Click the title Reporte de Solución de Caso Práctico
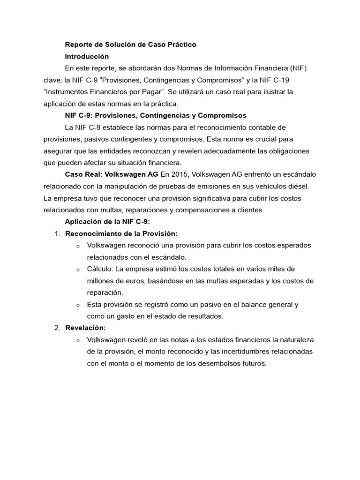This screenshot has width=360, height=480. pyautogui.click(x=130, y=45)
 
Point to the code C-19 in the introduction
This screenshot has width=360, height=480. pyautogui.click(x=280, y=80)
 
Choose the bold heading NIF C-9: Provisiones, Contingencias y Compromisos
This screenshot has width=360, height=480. pyautogui.click(x=156, y=115)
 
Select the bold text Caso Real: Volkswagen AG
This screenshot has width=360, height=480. pyautogui.click(x=112, y=174)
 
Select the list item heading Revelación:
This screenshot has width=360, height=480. pyautogui.click(x=85, y=328)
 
